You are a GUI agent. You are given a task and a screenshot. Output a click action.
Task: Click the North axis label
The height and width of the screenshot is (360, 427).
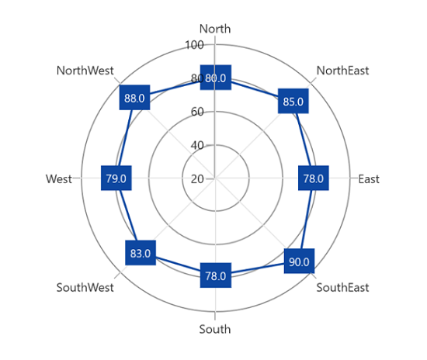pos(215,29)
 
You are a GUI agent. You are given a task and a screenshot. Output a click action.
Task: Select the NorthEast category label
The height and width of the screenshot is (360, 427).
pos(342,71)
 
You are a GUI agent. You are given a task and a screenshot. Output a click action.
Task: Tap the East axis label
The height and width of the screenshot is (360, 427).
pos(369,179)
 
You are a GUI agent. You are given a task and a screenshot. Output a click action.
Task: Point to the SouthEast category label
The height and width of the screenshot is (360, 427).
pos(342,288)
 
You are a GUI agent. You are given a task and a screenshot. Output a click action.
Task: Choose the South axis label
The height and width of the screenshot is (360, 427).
pos(215,329)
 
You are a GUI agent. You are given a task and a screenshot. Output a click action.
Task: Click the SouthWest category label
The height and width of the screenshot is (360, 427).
pos(85,288)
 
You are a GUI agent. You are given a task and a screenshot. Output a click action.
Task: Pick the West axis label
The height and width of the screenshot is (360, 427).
pos(59,179)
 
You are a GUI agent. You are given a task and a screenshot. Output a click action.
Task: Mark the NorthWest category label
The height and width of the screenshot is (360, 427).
pos(85,71)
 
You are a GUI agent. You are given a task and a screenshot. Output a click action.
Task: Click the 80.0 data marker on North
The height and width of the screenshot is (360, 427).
pos(216,78)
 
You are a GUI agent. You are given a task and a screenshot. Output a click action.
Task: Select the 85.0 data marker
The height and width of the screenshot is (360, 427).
pos(293,101)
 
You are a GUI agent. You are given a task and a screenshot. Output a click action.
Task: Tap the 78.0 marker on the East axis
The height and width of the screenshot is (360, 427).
pos(314,178)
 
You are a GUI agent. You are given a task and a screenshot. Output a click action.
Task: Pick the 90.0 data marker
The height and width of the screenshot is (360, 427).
pos(299,261)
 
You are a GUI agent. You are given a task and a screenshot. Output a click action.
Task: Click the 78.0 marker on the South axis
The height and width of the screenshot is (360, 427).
pos(216,275)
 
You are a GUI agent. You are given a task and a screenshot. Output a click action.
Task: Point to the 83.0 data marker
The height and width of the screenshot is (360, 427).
pos(141,253)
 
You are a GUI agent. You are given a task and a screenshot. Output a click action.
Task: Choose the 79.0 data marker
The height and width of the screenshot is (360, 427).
pos(116,178)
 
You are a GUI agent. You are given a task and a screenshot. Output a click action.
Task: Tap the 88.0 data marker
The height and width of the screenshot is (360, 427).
pos(134,98)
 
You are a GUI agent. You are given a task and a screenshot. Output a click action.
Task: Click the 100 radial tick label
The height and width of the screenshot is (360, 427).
pos(194,45)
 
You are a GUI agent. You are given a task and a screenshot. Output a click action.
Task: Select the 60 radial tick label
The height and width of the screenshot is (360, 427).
pos(197,112)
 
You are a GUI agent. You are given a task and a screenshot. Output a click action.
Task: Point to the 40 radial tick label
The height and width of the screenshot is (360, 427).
pos(197,146)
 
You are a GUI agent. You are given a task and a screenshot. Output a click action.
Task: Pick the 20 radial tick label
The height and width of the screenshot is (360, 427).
pos(197,179)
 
